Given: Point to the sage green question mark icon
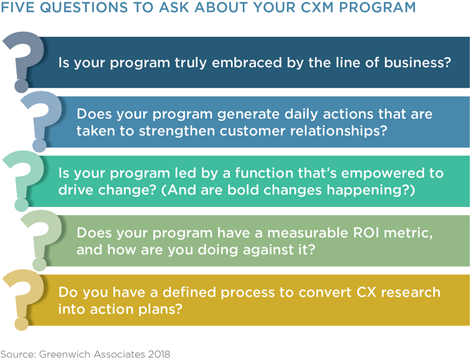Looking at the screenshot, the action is coord(42,240).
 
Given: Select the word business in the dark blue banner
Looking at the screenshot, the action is coord(417,63).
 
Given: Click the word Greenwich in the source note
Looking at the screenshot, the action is coord(65,354).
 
